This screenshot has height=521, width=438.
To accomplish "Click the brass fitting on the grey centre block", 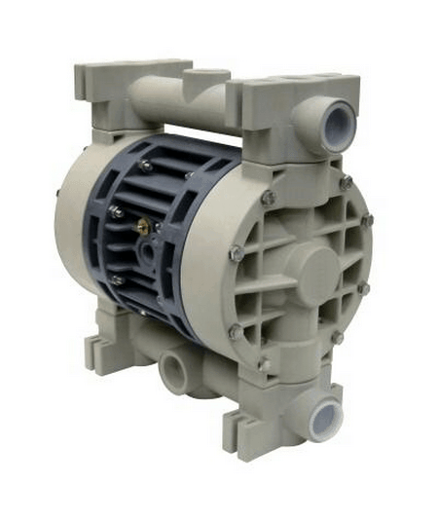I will (144, 226).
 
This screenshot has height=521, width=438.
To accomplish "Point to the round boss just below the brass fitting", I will (146, 251).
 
